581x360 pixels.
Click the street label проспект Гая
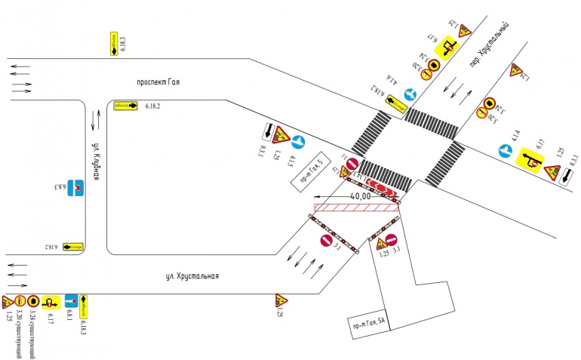pyautogui.click(x=158, y=82)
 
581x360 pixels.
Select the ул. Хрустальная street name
pyautogui.click(x=192, y=275)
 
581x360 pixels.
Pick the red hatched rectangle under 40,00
pyautogui.click(x=355, y=208)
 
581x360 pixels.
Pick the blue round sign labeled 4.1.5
pyautogui.click(x=299, y=140)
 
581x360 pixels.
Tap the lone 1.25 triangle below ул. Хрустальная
pyautogui.click(x=280, y=300)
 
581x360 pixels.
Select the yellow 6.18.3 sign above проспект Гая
pyautogui.click(x=115, y=44)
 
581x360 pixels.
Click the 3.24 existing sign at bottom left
pyautogui.click(x=32, y=302)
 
